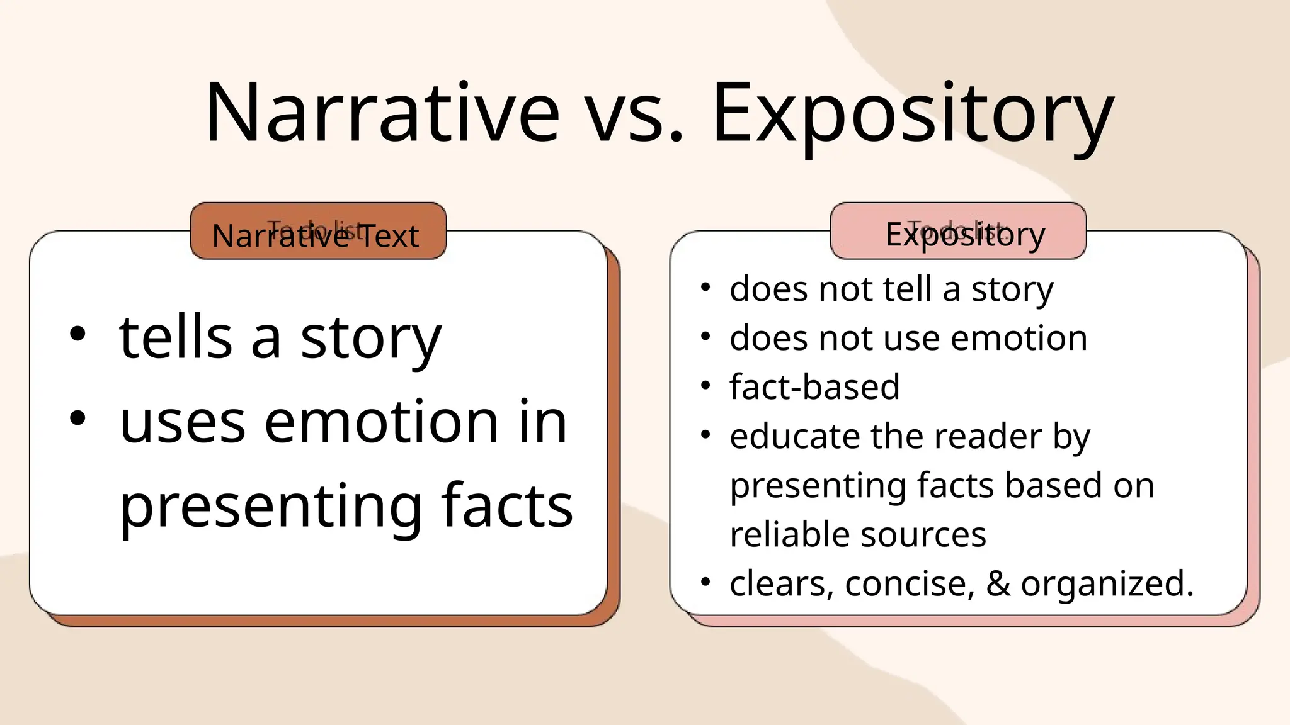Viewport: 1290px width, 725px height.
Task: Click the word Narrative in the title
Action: (382, 113)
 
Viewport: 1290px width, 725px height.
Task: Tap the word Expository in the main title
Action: (912, 113)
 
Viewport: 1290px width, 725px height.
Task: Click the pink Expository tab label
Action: (964, 234)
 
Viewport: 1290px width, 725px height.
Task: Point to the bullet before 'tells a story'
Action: (77, 334)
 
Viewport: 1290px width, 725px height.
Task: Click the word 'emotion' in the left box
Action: (382, 422)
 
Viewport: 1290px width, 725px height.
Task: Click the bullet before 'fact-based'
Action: (705, 385)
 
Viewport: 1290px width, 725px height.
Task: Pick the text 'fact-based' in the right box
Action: (814, 386)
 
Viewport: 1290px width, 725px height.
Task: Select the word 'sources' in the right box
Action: (923, 535)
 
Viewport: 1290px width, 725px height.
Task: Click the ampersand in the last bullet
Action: (998, 583)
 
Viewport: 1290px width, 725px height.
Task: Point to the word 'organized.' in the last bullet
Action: (1107, 584)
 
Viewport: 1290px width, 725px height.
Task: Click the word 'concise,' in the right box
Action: (910, 584)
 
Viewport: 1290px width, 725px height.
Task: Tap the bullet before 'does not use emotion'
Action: (705, 336)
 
